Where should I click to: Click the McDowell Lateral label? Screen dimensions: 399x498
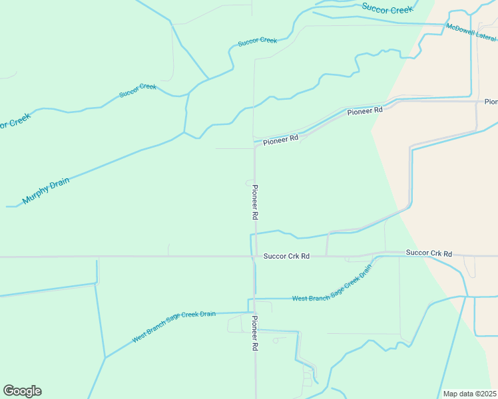471,34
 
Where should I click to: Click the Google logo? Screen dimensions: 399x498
22,391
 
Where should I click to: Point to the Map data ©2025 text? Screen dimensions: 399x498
469,393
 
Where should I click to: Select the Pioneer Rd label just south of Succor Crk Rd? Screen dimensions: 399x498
254,333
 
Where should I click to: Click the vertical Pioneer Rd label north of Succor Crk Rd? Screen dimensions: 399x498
254,202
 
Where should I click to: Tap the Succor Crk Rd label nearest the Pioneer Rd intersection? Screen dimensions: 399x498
286,256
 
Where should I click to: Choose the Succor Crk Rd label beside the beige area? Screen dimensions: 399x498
429,253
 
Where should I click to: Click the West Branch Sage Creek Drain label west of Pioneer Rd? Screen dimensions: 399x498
174,326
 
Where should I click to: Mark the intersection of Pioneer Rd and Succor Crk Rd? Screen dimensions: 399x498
254,256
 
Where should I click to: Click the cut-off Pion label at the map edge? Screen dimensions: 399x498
491,102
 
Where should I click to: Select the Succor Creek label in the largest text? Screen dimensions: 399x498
387,9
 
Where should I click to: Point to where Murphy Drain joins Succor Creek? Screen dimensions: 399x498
185,132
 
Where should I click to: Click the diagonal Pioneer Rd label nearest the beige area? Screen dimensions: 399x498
365,111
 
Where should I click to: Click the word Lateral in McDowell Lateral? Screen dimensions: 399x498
483,39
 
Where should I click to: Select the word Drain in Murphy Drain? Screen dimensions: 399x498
60,182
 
